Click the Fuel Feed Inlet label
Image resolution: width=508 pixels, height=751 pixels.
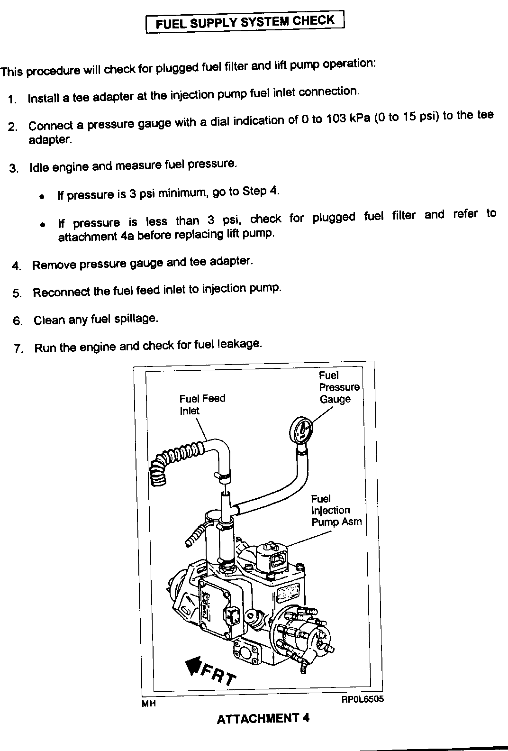coord(202,404)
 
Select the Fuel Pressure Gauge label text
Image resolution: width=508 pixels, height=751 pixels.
coord(339,387)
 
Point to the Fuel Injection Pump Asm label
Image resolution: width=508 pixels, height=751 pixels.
coord(336,510)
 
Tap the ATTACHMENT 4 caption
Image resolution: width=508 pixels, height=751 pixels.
coord(263,718)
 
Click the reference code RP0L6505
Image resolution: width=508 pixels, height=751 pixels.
coord(362,699)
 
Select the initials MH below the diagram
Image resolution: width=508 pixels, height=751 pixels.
coord(149,704)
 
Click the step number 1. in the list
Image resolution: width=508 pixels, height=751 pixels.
coord(13,100)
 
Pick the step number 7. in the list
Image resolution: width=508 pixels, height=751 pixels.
coord(18,349)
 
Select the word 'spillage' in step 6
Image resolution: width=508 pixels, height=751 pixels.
coord(136,319)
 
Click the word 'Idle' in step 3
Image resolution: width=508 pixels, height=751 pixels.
coord(39,168)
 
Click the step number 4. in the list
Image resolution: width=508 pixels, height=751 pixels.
coord(17,266)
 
